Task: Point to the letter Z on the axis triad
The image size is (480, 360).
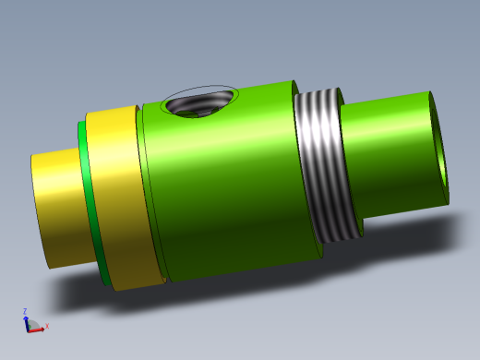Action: click(x=25, y=311)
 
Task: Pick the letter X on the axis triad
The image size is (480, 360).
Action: click(x=46, y=326)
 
